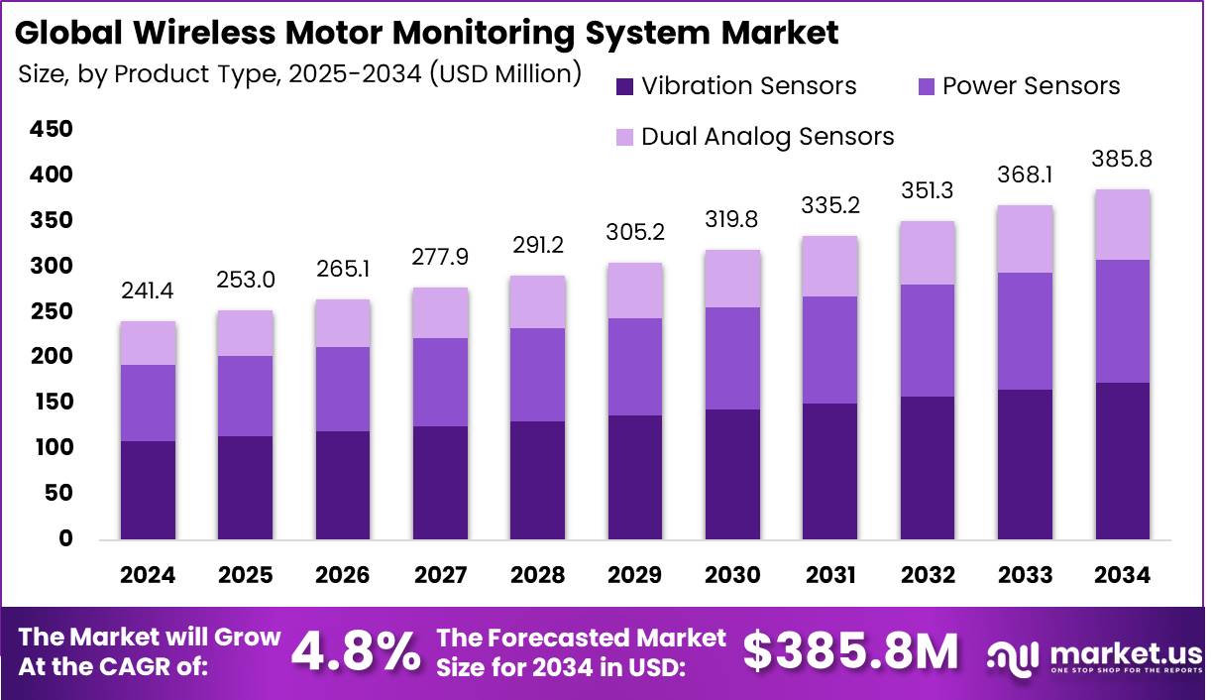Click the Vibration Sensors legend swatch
click(623, 86)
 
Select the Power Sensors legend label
click(1031, 86)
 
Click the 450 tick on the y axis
click(52, 130)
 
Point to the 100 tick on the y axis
click(52, 448)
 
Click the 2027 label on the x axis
click(441, 576)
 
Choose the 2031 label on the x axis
click(830, 576)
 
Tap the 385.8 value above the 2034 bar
click(1123, 159)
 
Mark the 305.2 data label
click(636, 234)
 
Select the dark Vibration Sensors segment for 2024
click(148, 490)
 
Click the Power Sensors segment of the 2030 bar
click(733, 358)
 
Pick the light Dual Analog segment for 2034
click(1123, 225)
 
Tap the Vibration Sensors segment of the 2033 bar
click(1026, 464)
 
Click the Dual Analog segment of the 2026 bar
click(343, 323)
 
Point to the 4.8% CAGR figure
click(357, 651)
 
